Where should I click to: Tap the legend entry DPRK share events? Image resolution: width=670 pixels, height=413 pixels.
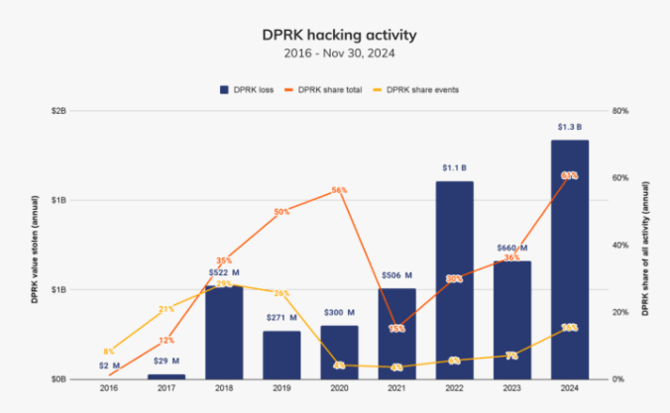point(423,89)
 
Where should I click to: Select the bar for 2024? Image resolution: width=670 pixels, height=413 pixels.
point(569,259)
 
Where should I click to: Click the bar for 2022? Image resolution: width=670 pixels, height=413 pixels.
point(453,279)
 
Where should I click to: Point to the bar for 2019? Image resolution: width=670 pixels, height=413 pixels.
point(280,355)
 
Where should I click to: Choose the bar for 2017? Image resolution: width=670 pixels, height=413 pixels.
point(166,375)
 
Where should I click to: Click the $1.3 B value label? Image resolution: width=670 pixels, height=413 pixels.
point(569,127)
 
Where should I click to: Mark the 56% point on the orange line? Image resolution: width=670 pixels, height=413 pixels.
point(339,189)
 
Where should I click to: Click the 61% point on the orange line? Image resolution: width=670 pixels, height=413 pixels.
point(569,175)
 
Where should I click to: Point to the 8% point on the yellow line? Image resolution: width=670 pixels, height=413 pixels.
point(108,352)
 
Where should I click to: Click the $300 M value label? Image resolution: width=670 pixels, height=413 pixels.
point(339,312)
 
